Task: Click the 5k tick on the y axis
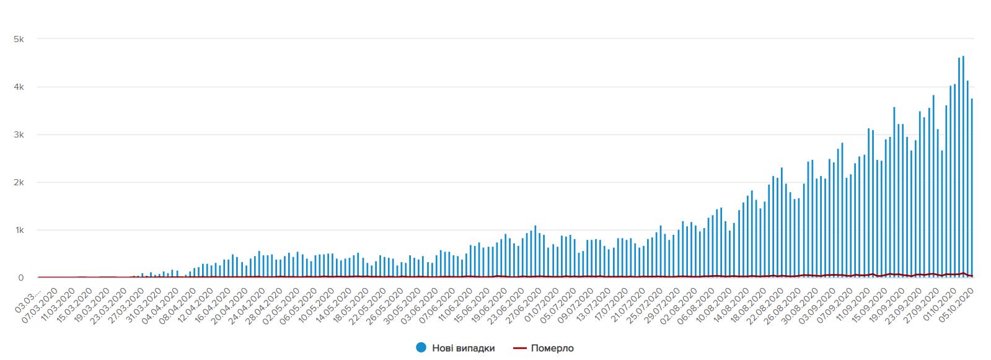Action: (19, 39)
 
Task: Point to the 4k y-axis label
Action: (19, 87)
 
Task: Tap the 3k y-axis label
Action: (19, 134)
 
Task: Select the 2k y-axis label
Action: (19, 182)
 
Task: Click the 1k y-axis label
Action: (19, 230)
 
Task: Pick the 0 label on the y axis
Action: (21, 278)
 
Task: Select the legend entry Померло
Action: (552, 348)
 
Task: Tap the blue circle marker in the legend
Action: (421, 348)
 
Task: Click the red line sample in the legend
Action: (519, 348)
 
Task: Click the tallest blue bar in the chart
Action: (963, 167)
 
